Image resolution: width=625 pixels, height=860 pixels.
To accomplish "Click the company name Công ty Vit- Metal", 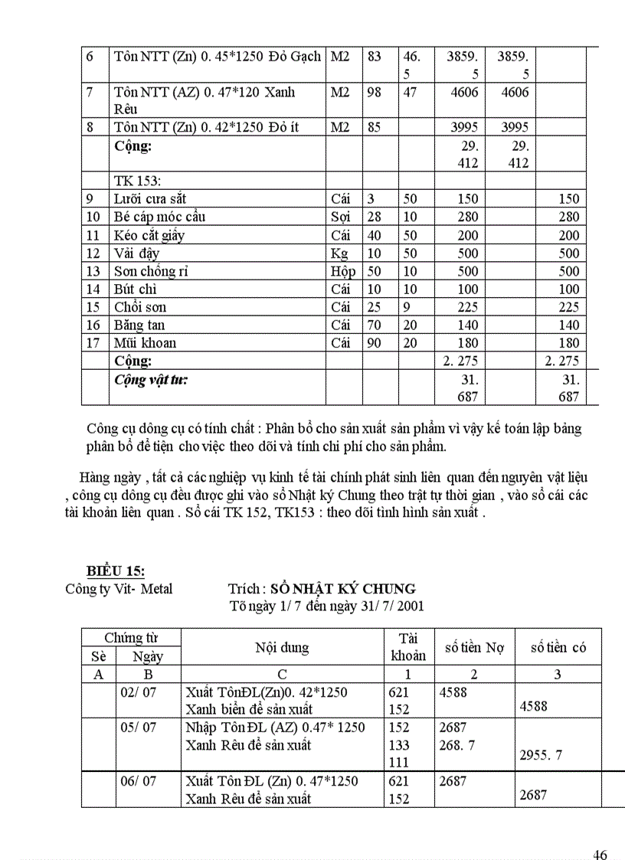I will pos(119,589).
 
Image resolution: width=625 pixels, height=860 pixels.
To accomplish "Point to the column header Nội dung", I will pos(282,648).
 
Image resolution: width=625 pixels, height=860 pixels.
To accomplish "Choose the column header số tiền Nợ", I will pos(474,648).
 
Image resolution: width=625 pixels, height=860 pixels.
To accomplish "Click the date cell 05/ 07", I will pos(138,728).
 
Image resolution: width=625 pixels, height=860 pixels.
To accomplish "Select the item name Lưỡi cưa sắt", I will pos(150,199).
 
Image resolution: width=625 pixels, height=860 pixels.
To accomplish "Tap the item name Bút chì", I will pos(136,289).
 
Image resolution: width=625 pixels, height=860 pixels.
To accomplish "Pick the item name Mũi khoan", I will pos(145,343).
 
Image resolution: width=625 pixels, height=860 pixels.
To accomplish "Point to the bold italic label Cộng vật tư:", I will pos(152,379).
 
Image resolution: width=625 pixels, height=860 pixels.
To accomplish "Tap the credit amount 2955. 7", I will pos(541,755).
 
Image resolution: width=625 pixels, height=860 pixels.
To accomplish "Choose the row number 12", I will pos(93,253).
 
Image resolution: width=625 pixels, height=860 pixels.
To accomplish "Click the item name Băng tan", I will pos(139,325).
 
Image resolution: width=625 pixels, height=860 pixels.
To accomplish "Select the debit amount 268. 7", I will pos(457,745).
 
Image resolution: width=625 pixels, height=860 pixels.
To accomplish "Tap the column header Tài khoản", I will pos(407,647).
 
